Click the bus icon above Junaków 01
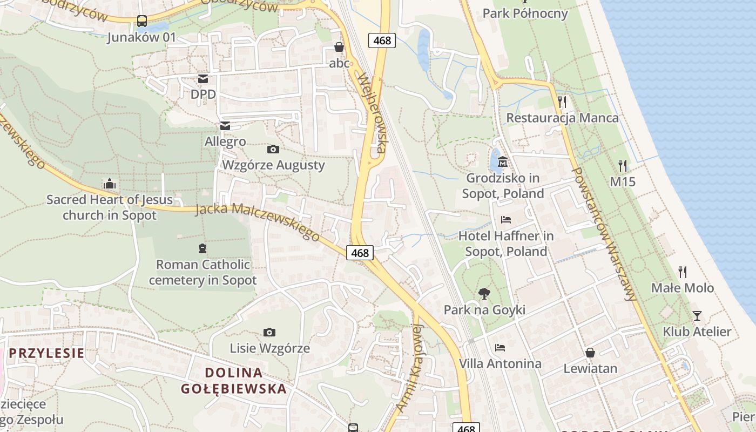pos(142,21)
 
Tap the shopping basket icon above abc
pos(339,48)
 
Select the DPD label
pos(203,94)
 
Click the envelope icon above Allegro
pos(225,126)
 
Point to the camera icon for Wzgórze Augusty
pos(273,149)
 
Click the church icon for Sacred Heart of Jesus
pos(110,184)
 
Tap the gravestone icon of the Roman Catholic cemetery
pos(202,248)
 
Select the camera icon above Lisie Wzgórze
pos(269,332)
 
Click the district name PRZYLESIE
pos(47,353)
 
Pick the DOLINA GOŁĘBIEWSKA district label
pos(234,381)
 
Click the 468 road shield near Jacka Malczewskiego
pos(360,252)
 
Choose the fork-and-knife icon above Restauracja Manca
pos(562,102)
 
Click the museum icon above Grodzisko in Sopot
pos(503,161)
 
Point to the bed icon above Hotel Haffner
pos(506,220)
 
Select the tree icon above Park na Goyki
pos(484,294)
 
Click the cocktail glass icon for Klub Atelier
pos(697,316)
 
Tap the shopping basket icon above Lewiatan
pos(590,353)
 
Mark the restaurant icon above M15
pos(623,166)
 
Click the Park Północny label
pos(525,13)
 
